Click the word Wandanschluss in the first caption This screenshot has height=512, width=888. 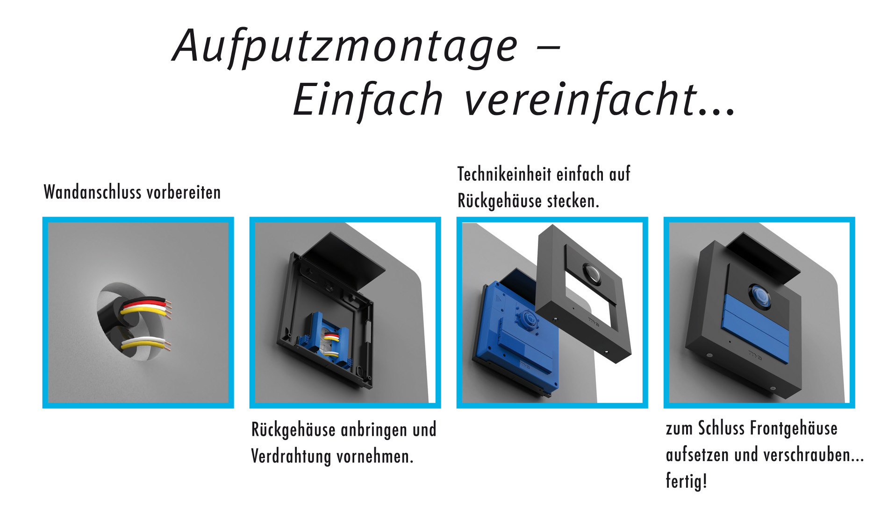[x=93, y=192]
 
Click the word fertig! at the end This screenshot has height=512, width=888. [x=686, y=481]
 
